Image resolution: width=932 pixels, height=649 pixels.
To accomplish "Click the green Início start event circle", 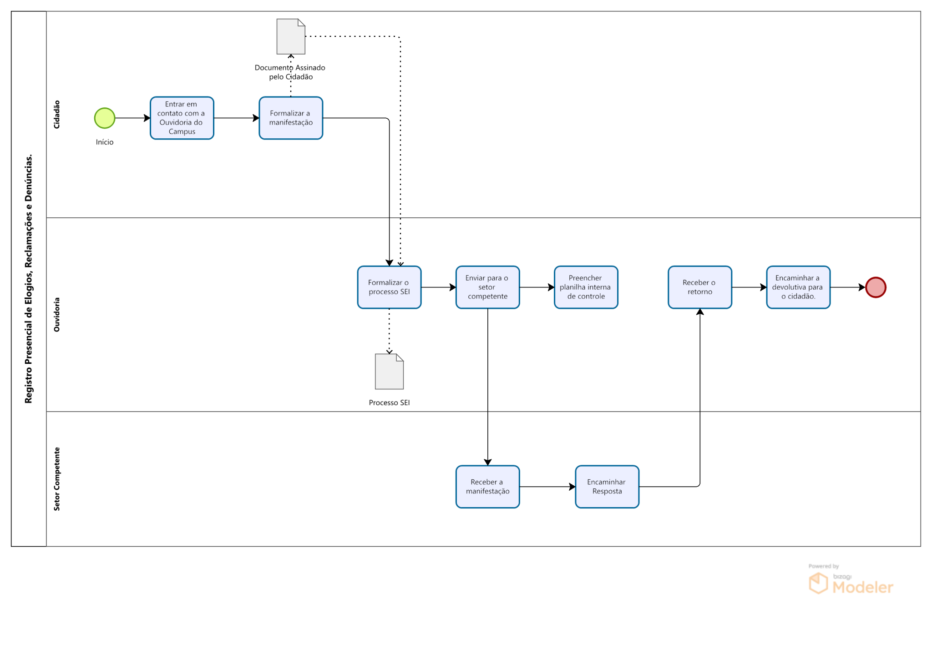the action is click(x=105, y=118).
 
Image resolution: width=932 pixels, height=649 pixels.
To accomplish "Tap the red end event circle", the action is click(x=876, y=287).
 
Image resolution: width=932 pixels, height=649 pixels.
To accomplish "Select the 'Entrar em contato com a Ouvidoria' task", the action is click(x=182, y=118).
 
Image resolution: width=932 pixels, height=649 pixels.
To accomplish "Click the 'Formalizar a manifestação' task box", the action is click(x=291, y=118).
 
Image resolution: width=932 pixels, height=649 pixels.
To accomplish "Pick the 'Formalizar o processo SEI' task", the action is click(x=390, y=287).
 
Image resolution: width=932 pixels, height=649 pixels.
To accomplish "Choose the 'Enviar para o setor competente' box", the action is click(x=488, y=287).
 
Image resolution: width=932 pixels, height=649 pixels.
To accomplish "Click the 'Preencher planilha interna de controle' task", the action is click(x=586, y=287).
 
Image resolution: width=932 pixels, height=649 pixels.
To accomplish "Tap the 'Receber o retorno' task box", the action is click(x=700, y=287).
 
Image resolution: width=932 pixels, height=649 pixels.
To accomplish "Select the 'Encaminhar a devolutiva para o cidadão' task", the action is click(x=798, y=287).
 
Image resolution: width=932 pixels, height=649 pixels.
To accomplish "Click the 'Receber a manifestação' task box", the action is click(x=488, y=487).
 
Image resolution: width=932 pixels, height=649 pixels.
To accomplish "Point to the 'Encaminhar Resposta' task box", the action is click(x=607, y=487).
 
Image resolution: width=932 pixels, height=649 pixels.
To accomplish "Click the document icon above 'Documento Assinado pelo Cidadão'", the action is click(x=291, y=36).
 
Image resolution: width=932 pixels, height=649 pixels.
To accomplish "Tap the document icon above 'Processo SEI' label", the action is click(x=389, y=372).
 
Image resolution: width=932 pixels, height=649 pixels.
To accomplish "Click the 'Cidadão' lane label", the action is click(x=57, y=115).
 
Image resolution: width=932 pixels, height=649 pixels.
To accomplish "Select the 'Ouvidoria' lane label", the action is click(x=57, y=315).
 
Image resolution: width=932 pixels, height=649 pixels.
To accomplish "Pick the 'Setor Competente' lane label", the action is click(x=57, y=479).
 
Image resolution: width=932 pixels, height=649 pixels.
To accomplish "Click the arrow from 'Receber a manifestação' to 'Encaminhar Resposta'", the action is click(x=547, y=487).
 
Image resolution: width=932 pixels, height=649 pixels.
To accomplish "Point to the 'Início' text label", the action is click(x=105, y=142).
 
